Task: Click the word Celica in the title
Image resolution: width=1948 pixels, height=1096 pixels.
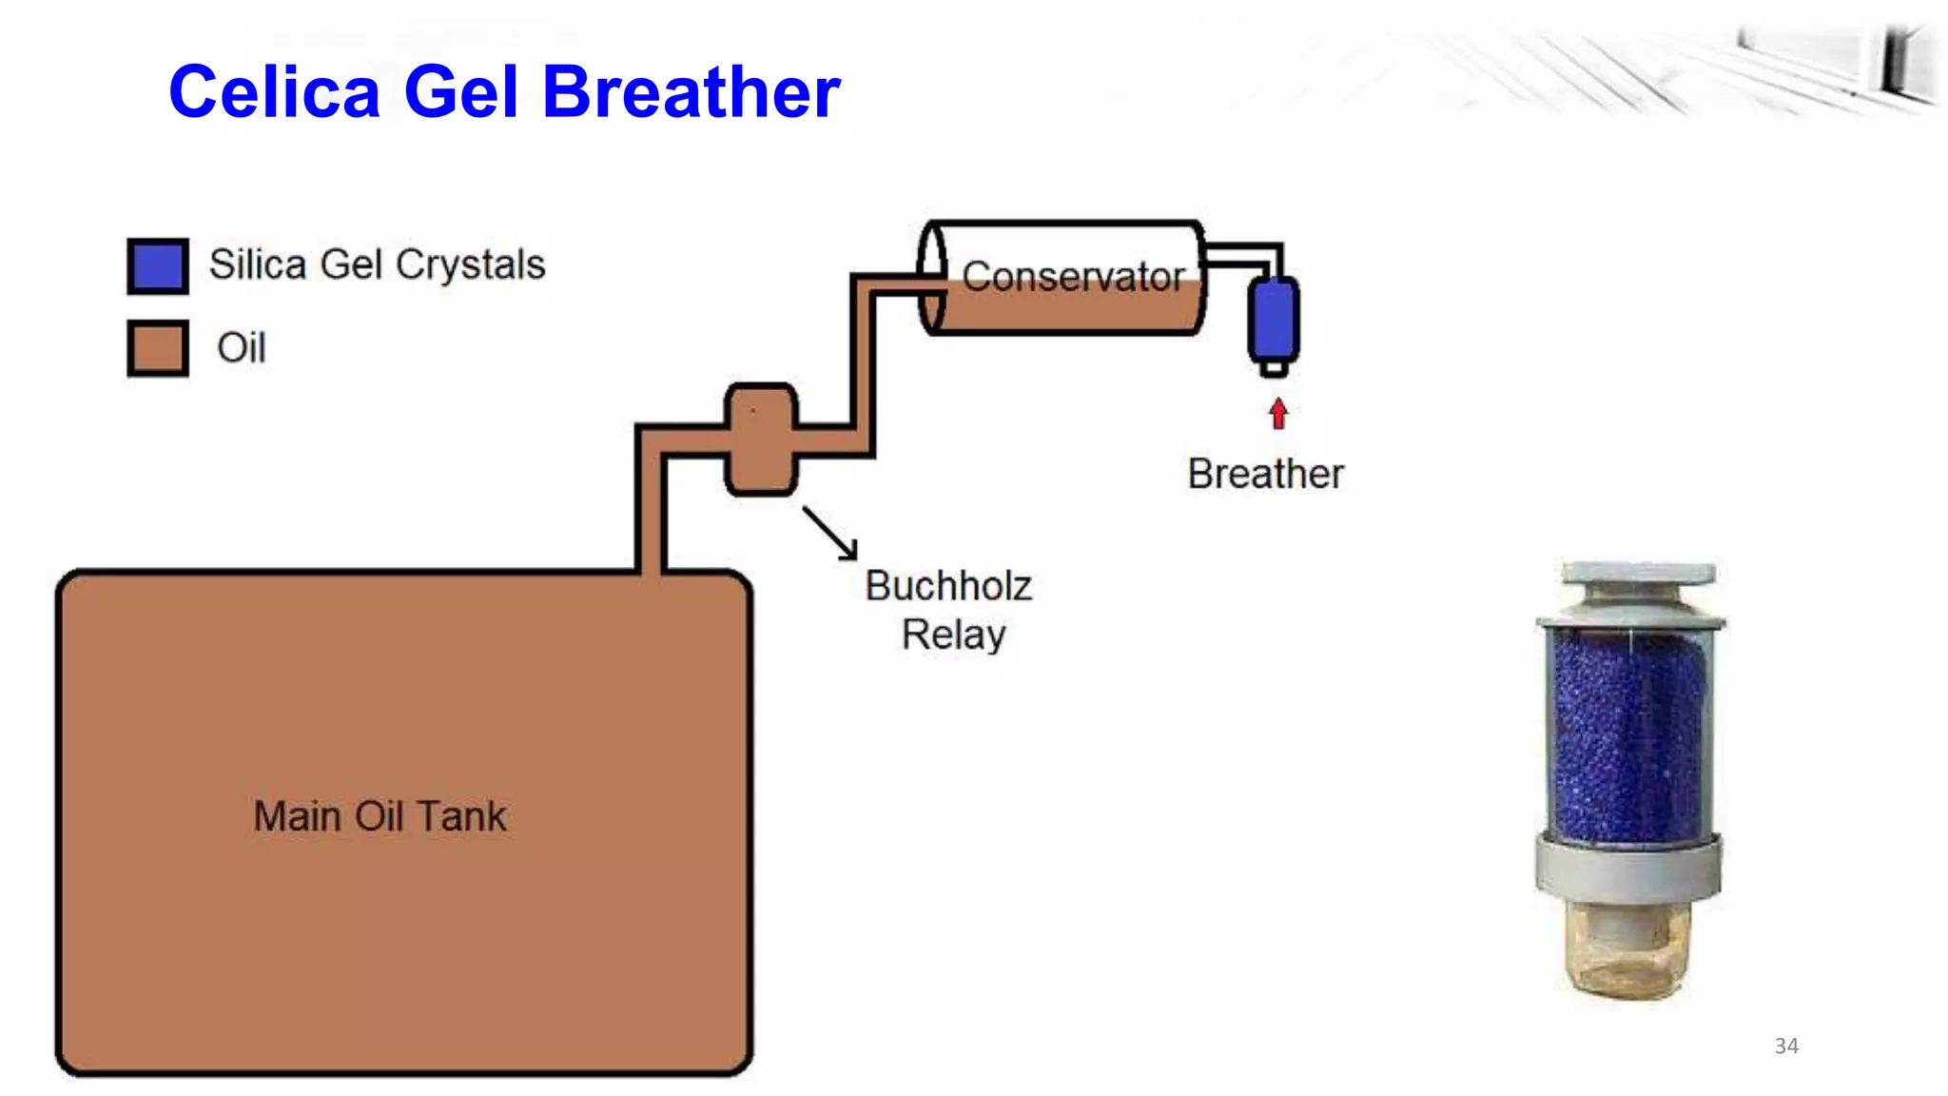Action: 274,92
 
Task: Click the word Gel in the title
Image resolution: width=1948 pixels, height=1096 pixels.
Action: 461,92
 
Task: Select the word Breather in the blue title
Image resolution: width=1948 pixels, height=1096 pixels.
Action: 692,92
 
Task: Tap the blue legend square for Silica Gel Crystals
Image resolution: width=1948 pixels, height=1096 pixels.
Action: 158,265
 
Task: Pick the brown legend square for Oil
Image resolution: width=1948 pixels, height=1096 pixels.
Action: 158,348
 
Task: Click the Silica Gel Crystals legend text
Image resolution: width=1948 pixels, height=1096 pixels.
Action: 377,264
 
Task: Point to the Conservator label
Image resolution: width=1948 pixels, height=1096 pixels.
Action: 1073,276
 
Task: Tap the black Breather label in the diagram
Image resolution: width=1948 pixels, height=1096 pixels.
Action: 1265,474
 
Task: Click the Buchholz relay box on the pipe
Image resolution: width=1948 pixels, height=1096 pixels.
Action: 761,440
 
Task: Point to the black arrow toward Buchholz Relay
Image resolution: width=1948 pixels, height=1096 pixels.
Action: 830,533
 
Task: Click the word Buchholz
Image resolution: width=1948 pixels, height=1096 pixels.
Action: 948,586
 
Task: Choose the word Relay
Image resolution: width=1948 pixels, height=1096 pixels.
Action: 953,635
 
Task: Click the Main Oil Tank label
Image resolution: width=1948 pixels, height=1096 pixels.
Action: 380,816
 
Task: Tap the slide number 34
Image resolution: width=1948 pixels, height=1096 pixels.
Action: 1786,1046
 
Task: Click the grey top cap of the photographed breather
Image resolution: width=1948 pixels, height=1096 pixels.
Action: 1638,575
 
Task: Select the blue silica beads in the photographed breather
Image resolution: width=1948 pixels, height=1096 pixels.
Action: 1627,737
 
